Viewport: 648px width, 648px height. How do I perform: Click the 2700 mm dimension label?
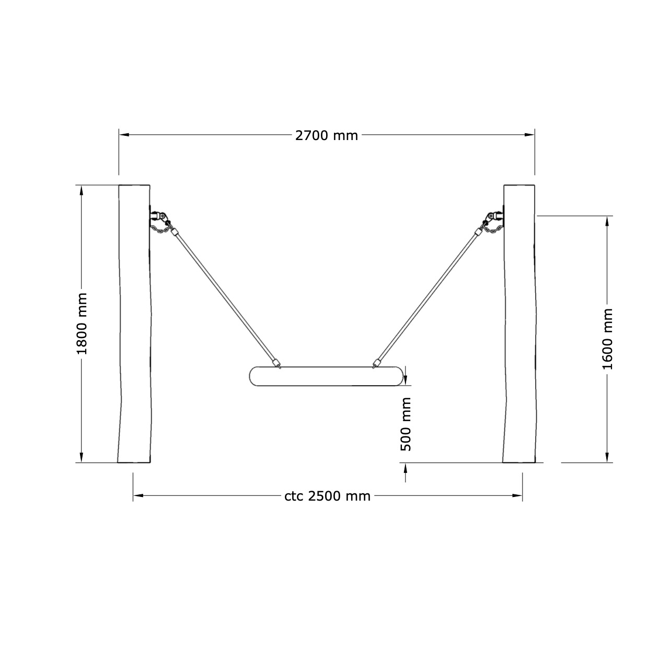tap(326, 136)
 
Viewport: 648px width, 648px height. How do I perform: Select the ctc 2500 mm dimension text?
tap(327, 496)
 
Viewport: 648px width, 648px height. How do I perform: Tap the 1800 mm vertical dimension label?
tap(82, 323)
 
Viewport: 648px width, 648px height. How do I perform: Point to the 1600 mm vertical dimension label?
tap(607, 339)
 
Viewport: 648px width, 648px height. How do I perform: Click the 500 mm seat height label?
tap(406, 424)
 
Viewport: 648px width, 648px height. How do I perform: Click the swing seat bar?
tap(326, 376)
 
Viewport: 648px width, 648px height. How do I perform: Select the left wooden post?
tap(134, 323)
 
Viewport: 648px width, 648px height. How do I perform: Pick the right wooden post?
tap(519, 323)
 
